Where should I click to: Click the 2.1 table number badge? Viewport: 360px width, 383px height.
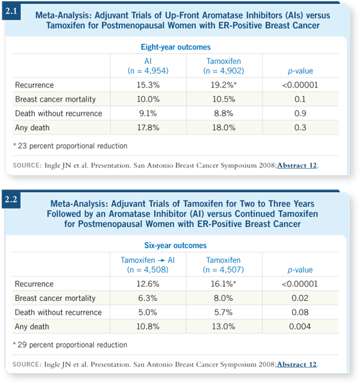(11, 11)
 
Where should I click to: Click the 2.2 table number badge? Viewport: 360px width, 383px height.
(11, 200)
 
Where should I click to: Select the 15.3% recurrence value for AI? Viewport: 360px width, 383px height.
(148, 85)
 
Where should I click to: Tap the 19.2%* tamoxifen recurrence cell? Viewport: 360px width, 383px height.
(224, 85)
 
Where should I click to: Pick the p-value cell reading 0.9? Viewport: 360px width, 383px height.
(300, 113)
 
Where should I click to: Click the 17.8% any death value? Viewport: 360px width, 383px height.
(148, 127)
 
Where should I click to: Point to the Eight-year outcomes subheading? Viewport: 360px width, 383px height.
(175, 47)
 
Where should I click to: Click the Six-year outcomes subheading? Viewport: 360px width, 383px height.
(175, 246)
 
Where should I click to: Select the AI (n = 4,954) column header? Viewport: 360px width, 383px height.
(148, 66)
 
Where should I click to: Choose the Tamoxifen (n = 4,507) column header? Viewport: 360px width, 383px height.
(223, 265)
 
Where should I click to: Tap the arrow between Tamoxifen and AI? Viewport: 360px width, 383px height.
(161, 260)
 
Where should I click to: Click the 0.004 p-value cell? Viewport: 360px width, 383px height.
(300, 326)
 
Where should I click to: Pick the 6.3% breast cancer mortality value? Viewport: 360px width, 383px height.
(147, 298)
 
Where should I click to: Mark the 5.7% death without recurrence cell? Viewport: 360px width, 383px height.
(223, 312)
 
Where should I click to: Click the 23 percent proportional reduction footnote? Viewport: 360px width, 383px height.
(70, 146)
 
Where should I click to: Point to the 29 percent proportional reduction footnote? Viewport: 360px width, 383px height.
(70, 345)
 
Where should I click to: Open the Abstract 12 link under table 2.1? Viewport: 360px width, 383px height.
(297, 165)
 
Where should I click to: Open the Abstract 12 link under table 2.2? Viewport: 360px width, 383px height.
(297, 364)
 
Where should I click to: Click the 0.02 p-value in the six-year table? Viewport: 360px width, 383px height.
(300, 298)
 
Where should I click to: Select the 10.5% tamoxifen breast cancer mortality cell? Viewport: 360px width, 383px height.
(224, 99)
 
